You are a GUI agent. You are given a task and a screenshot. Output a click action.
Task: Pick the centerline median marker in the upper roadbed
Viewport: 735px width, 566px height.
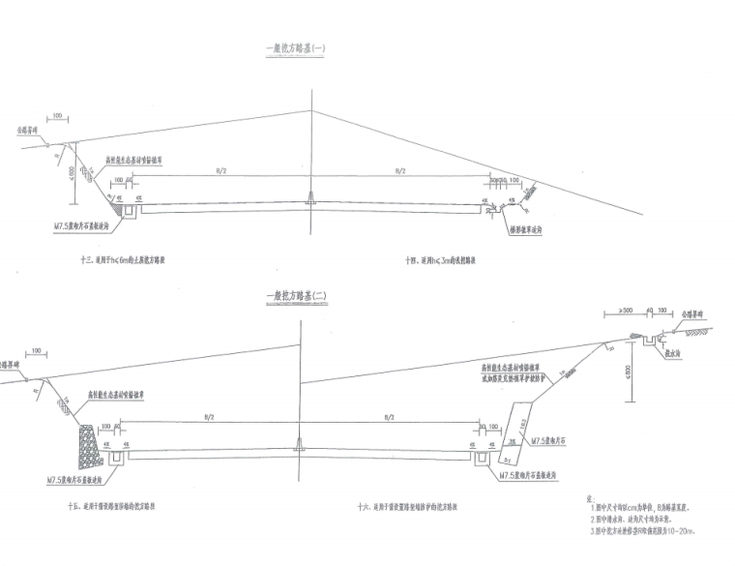click(310, 199)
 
